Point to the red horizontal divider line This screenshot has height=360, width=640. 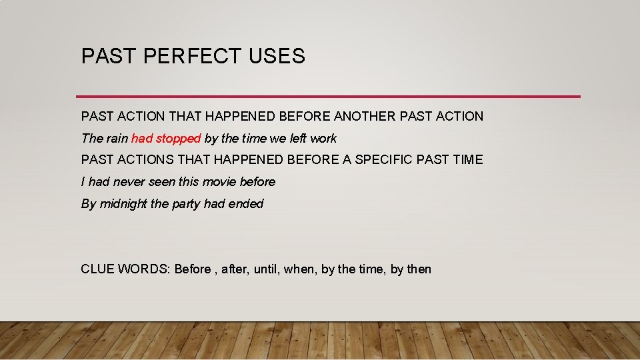tap(328, 97)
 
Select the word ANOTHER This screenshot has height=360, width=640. tap(364, 117)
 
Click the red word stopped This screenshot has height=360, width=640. tap(179, 139)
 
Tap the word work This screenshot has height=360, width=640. tap(323, 139)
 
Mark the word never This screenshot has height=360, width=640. tap(129, 182)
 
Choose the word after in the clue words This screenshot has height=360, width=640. tap(234, 269)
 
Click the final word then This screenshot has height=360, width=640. tap(419, 269)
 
